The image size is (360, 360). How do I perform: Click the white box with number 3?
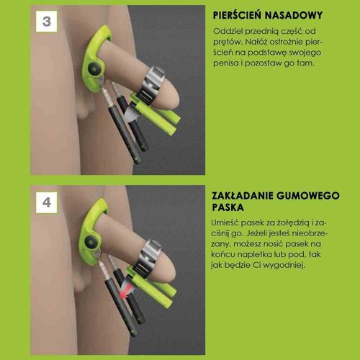(x=46, y=22)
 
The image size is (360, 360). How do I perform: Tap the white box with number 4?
(x=46, y=202)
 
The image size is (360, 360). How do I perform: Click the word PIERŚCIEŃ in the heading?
(x=237, y=15)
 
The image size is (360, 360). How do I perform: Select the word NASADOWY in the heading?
(x=294, y=15)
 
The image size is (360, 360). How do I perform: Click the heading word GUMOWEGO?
(x=308, y=196)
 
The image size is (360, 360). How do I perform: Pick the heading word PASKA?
(x=228, y=207)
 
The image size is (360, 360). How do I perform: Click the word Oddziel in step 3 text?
(x=228, y=31)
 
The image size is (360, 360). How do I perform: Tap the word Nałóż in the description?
(x=256, y=42)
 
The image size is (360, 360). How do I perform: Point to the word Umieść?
(x=225, y=222)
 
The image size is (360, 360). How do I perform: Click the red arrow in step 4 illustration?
(x=127, y=290)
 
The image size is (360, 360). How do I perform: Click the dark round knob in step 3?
(x=94, y=69)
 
